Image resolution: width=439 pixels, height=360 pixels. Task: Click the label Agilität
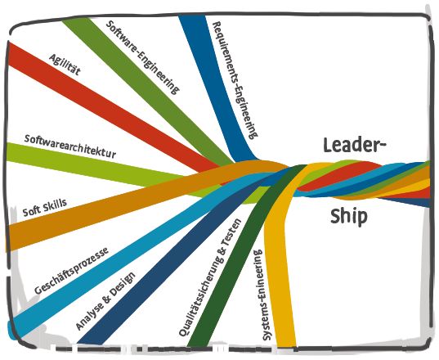click(65, 65)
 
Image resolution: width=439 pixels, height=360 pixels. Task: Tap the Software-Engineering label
click(142, 57)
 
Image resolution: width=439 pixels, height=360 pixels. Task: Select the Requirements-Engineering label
click(235, 80)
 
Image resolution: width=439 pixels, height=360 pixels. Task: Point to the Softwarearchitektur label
click(70, 146)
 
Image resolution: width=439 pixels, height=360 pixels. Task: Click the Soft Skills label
click(45, 208)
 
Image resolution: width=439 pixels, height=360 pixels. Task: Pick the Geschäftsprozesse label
click(71, 271)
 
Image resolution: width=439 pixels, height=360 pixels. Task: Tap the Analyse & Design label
click(105, 300)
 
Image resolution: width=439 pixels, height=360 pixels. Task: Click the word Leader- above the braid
click(355, 145)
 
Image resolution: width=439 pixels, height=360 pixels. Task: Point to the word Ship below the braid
click(349, 216)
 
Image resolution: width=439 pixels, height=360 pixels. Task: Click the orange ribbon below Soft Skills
click(112, 206)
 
